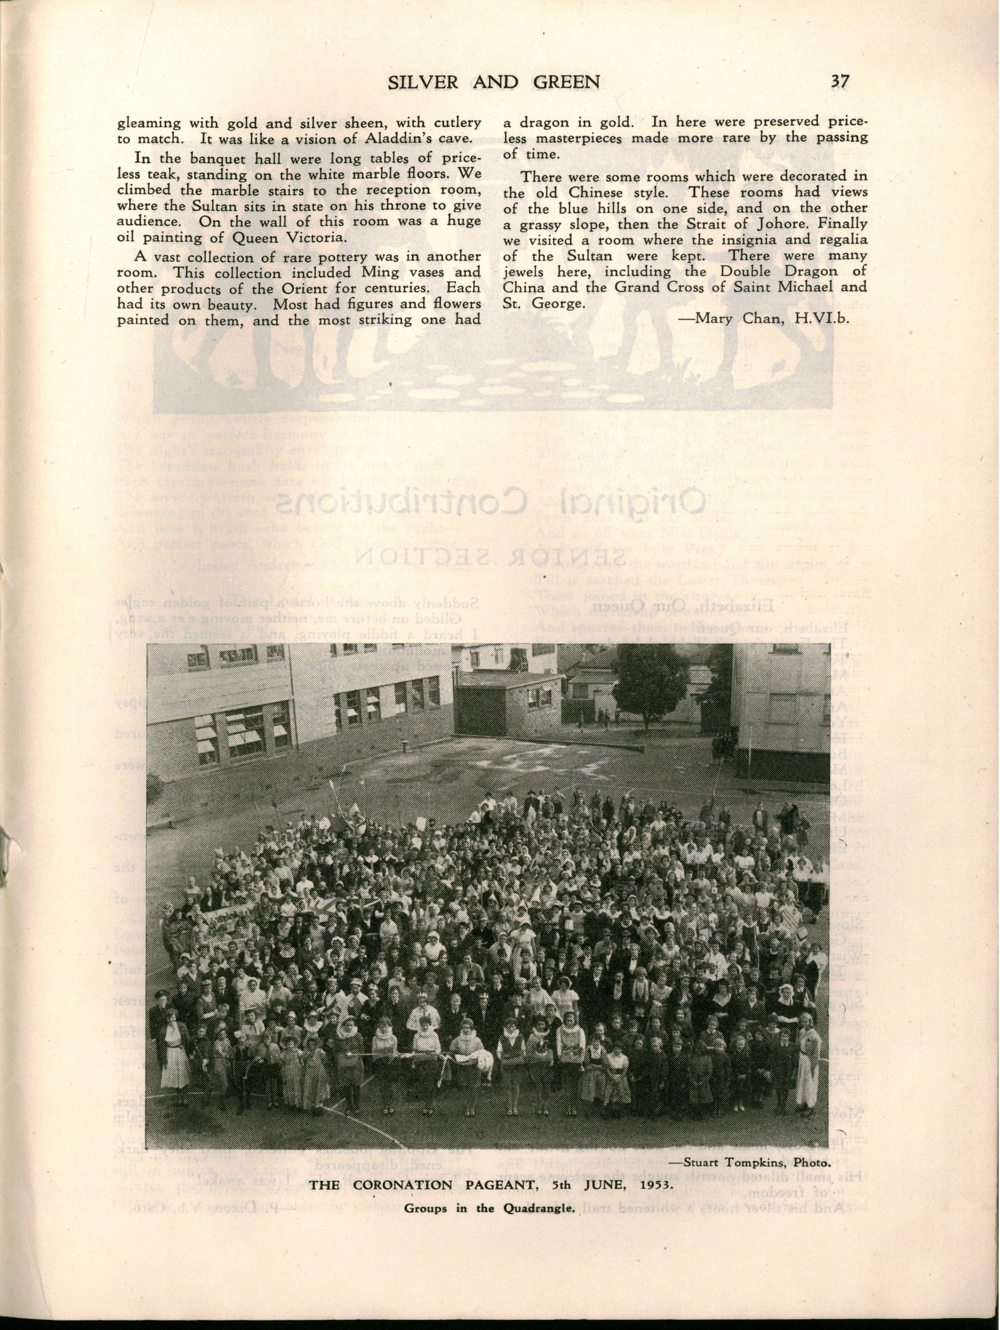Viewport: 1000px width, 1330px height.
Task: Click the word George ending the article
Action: click(558, 304)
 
